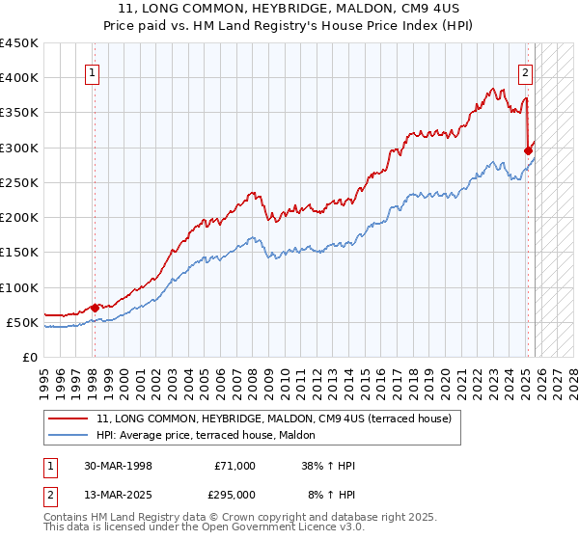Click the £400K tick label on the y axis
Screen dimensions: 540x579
tap(18, 78)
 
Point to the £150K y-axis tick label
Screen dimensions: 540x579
tap(18, 253)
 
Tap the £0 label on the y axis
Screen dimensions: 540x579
tap(29, 358)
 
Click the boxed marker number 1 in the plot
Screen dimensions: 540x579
tap(93, 71)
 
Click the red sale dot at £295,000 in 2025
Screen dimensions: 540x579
tap(528, 150)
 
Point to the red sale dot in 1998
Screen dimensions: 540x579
tap(95, 308)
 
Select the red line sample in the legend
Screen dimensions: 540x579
tap(69, 418)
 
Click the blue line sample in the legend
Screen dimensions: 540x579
tap(69, 436)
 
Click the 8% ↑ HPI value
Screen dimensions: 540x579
tap(331, 494)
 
